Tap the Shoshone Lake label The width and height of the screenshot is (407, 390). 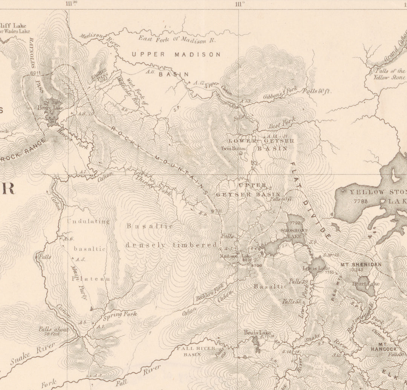tap(294, 233)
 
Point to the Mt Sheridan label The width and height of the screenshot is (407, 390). tap(361, 264)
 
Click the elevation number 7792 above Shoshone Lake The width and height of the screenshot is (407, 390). tap(296, 223)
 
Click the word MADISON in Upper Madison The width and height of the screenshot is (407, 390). tap(197, 54)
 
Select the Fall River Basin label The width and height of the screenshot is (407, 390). tap(196, 351)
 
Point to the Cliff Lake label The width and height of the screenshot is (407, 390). tap(13, 26)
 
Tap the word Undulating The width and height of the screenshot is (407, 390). tap(88, 221)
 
